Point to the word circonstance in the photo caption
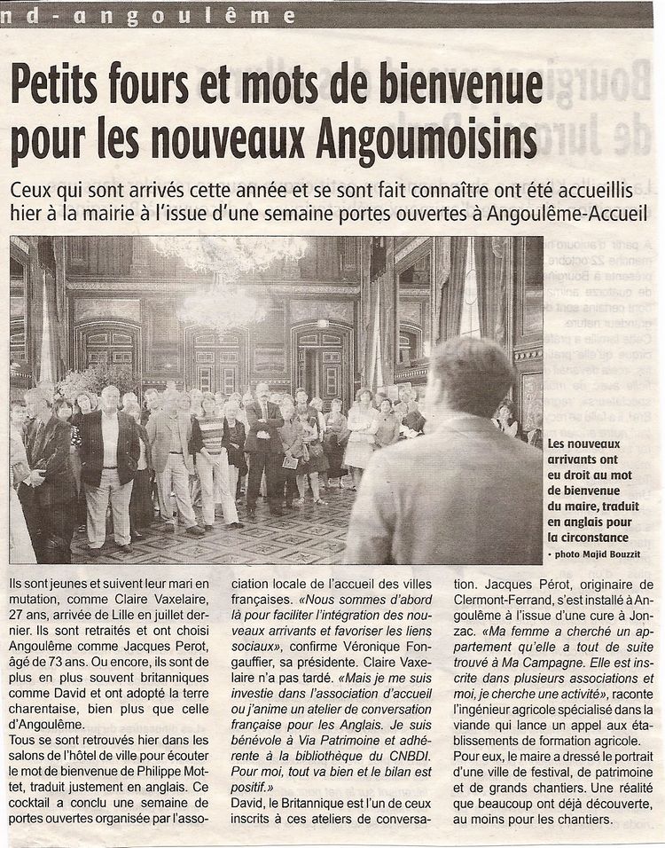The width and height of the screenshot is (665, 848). [588, 537]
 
